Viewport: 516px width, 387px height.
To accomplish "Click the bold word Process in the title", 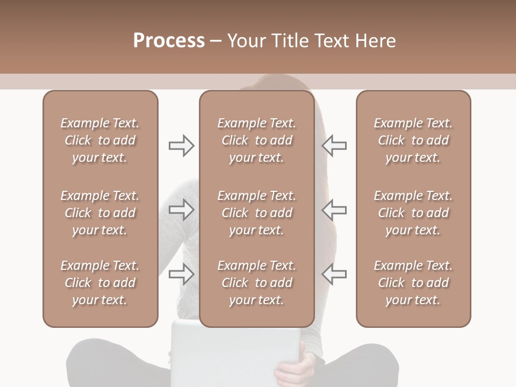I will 169,41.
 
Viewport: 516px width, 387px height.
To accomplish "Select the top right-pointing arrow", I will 181,146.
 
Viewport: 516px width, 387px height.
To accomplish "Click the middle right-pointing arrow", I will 181,210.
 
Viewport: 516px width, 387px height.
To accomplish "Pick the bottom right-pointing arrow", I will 181,274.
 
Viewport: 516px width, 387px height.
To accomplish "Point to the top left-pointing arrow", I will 334,146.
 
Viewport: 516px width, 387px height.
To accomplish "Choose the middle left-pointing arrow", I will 334,210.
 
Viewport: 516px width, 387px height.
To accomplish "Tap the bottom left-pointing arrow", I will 334,274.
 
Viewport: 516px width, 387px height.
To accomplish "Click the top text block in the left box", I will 100,140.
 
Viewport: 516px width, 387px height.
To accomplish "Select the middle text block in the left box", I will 100,213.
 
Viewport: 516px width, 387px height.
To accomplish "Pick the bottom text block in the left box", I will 100,283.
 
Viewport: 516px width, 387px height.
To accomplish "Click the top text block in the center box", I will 256,140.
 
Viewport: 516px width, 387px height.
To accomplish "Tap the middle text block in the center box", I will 256,213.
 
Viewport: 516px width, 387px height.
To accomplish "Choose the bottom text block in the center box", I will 256,283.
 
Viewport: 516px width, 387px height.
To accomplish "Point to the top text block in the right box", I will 413,140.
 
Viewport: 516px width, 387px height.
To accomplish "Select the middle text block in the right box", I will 413,213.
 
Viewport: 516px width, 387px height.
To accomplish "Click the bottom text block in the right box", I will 413,283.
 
